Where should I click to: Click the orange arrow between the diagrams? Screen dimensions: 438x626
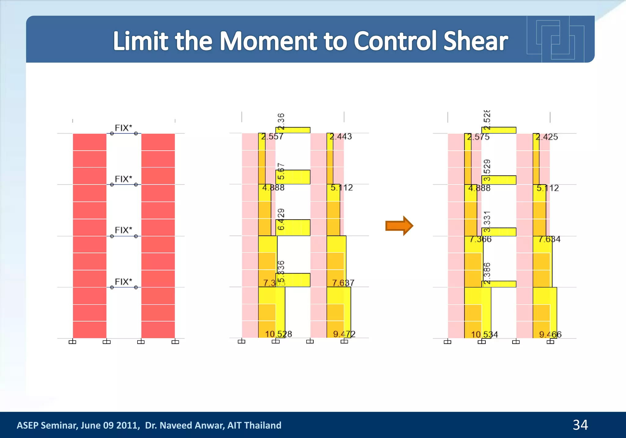coord(399,226)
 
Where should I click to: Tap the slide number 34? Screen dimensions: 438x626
coord(580,425)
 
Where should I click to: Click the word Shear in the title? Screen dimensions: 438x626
coord(475,41)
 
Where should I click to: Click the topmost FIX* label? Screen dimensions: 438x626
coord(123,128)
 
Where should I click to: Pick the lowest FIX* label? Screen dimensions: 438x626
coord(123,282)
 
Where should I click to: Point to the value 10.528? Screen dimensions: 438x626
coord(278,334)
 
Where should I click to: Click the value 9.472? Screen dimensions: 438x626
coord(344,334)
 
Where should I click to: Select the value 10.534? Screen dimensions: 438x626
coord(484,335)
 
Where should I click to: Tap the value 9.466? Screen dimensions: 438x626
coord(550,334)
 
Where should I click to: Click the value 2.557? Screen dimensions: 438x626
coord(272,137)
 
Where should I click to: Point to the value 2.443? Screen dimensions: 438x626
coord(341,137)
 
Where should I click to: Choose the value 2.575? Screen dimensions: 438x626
coord(478,137)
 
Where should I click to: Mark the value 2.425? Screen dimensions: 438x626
coord(547,137)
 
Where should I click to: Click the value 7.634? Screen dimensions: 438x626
coord(549,239)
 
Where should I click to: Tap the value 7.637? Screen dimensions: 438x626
coord(343,283)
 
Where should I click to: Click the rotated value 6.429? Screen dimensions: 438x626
coord(281,219)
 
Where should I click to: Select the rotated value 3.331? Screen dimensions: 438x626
coord(487,221)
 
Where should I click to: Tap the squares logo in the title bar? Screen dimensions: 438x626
coord(555,39)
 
